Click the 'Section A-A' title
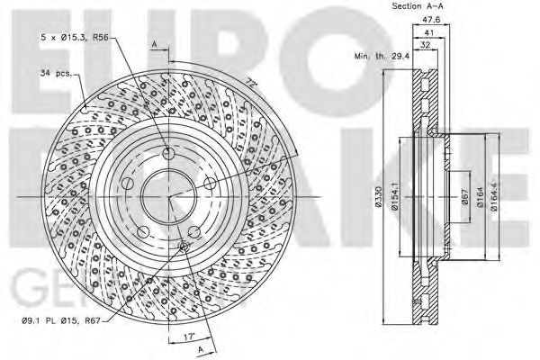tap(417, 7)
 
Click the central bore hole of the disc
tap(166, 193)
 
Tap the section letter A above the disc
tap(154, 44)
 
